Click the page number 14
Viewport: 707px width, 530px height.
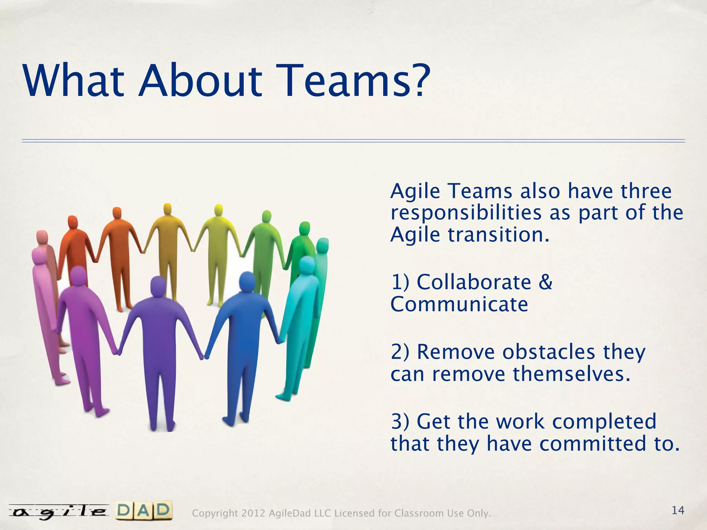(x=678, y=510)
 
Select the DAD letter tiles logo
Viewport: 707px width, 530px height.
(x=144, y=511)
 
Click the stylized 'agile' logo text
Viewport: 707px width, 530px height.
(x=58, y=512)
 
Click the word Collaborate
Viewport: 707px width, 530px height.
(x=474, y=282)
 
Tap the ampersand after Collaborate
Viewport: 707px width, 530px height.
(x=545, y=282)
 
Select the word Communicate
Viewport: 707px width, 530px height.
(x=459, y=304)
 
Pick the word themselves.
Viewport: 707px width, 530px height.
(x=571, y=374)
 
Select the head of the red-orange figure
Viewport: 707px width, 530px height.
(x=72, y=222)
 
